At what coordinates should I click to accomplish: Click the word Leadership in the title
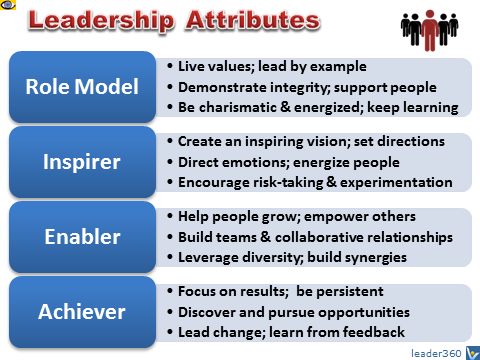pos(101,21)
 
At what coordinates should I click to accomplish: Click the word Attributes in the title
pos(253,20)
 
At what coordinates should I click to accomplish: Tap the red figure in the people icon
pos(430,31)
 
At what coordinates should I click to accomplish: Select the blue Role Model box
pos(82,87)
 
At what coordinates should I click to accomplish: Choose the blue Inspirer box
pos(82,162)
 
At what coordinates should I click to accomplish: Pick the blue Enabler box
pos(82,237)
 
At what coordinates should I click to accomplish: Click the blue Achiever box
pos(82,312)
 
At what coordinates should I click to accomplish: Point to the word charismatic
pos(238,107)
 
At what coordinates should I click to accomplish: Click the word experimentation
pos(396,183)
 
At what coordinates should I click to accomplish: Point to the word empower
pos(336,217)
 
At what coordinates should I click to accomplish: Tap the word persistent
pos(350,292)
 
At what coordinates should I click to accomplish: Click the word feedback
pos(374,332)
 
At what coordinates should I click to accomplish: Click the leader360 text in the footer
pos(436,353)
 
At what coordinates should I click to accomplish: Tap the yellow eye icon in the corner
pos(7,5)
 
